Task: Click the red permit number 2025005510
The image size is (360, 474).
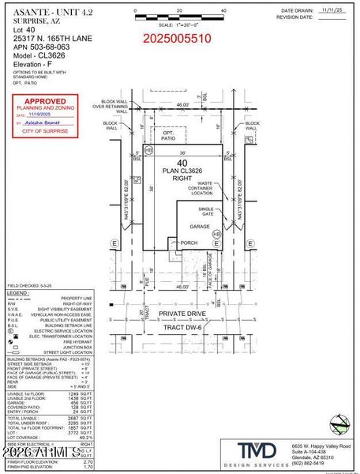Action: tap(178, 37)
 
